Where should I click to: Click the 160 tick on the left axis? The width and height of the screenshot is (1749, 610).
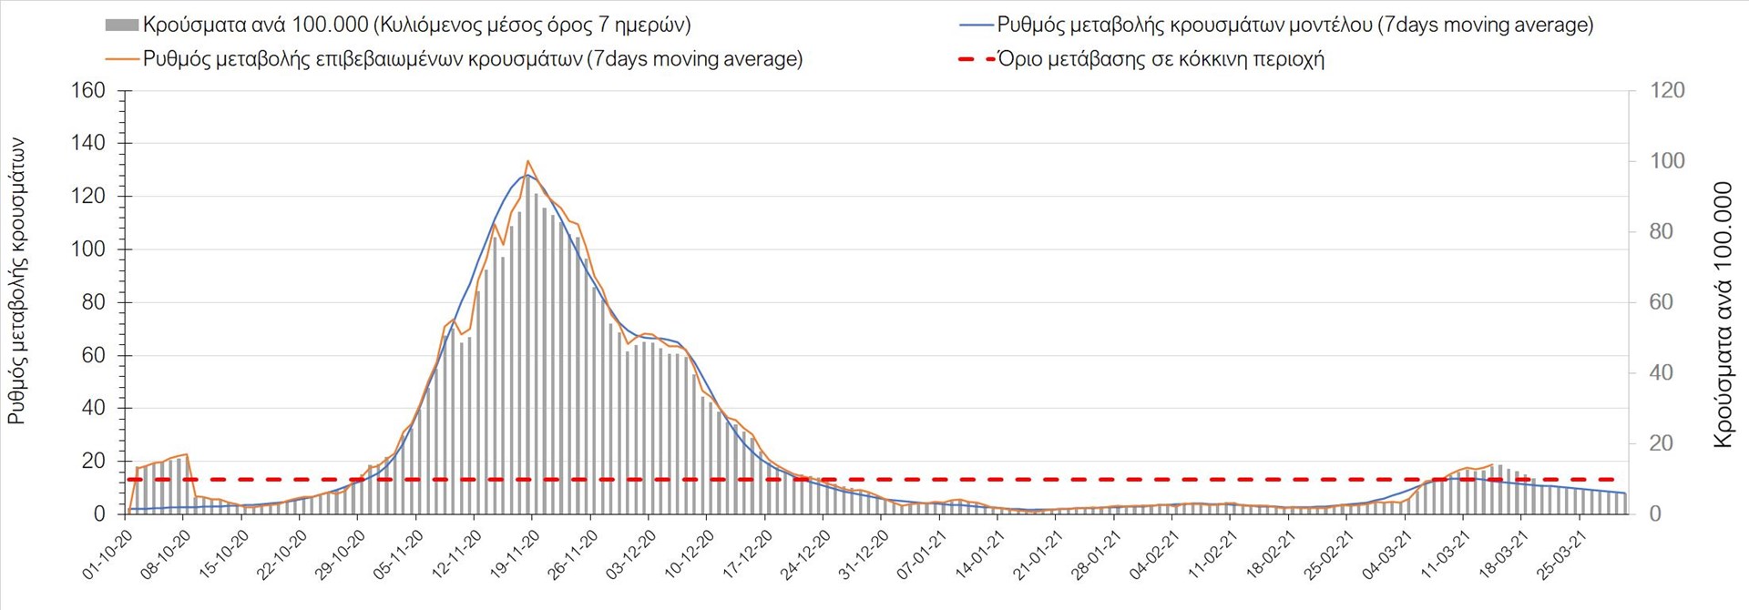pyautogui.click(x=88, y=90)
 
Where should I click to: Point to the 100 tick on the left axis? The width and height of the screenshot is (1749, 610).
pyautogui.click(x=88, y=249)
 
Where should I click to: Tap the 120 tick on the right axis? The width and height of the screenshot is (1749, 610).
pyautogui.click(x=1667, y=90)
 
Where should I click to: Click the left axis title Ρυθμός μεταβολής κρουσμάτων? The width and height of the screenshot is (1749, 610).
pyautogui.click(x=16, y=281)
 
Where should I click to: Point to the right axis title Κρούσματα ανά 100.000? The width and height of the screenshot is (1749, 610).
pyautogui.click(x=1723, y=314)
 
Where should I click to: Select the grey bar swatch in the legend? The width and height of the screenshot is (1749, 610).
pyautogui.click(x=122, y=25)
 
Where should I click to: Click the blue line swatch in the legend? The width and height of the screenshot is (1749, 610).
pyautogui.click(x=976, y=25)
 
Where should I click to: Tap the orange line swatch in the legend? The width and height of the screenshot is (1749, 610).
pyautogui.click(x=122, y=60)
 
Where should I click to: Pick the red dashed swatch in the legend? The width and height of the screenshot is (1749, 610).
pyautogui.click(x=976, y=60)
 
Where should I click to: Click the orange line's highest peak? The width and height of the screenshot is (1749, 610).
pyautogui.click(x=528, y=161)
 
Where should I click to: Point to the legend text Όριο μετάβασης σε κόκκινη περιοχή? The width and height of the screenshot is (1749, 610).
pyautogui.click(x=1161, y=60)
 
